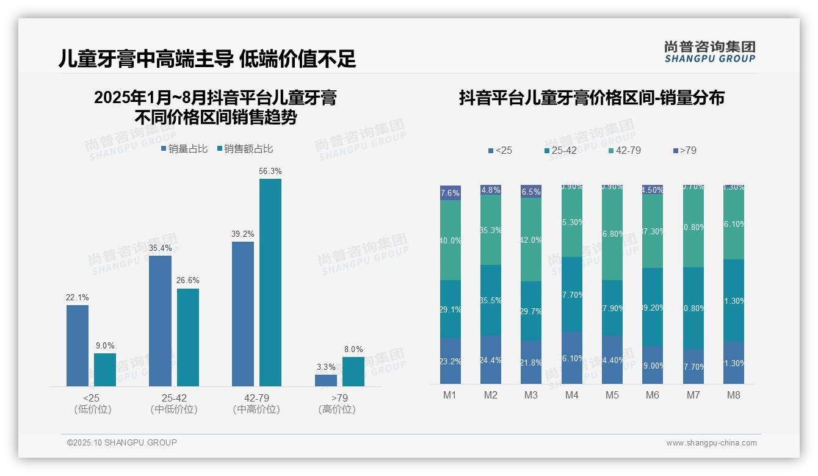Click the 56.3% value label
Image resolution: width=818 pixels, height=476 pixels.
pyautogui.click(x=270, y=171)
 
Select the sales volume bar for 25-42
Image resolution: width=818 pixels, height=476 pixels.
pyautogui.click(x=160, y=320)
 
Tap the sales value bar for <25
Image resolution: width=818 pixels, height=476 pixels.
pyautogui.click(x=105, y=369)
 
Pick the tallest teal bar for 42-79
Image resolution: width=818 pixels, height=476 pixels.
pyautogui.click(x=270, y=282)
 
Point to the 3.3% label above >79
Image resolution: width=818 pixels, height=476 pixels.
pyautogui.click(x=326, y=367)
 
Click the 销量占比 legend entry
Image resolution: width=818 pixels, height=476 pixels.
pyautogui.click(x=185, y=149)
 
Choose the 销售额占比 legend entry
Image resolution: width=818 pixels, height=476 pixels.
pyautogui.click(x=245, y=149)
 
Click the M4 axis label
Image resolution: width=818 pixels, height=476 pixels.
pyautogui.click(x=571, y=395)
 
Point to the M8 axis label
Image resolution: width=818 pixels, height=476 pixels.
pyautogui.click(x=734, y=395)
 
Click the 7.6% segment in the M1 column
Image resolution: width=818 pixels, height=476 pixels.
pyautogui.click(x=451, y=193)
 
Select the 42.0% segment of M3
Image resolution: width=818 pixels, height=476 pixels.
pyautogui.click(x=531, y=240)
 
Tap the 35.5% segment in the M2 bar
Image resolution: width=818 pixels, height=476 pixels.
pyautogui.click(x=491, y=300)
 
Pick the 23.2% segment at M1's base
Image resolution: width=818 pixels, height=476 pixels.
pyautogui.click(x=451, y=361)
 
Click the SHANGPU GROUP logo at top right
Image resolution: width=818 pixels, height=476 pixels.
pyautogui.click(x=709, y=52)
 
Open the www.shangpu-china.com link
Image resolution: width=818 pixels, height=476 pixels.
pyautogui.click(x=711, y=443)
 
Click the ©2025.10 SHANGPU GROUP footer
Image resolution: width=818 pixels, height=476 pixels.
pyautogui.click(x=122, y=442)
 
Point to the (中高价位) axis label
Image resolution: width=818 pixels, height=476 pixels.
pyautogui.click(x=256, y=409)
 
